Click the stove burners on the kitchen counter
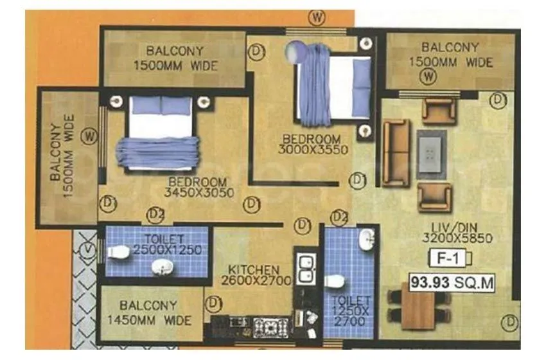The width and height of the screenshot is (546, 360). click(266, 327)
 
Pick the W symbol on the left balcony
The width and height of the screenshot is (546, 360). click(91, 136)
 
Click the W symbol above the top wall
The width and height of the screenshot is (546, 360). click(316, 17)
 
